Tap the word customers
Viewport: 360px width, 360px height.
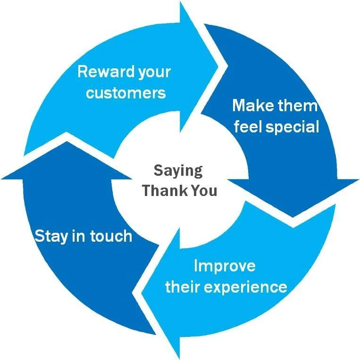tap(126, 92)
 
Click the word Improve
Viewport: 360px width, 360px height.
tap(225, 266)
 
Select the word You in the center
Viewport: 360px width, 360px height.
tap(204, 190)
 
